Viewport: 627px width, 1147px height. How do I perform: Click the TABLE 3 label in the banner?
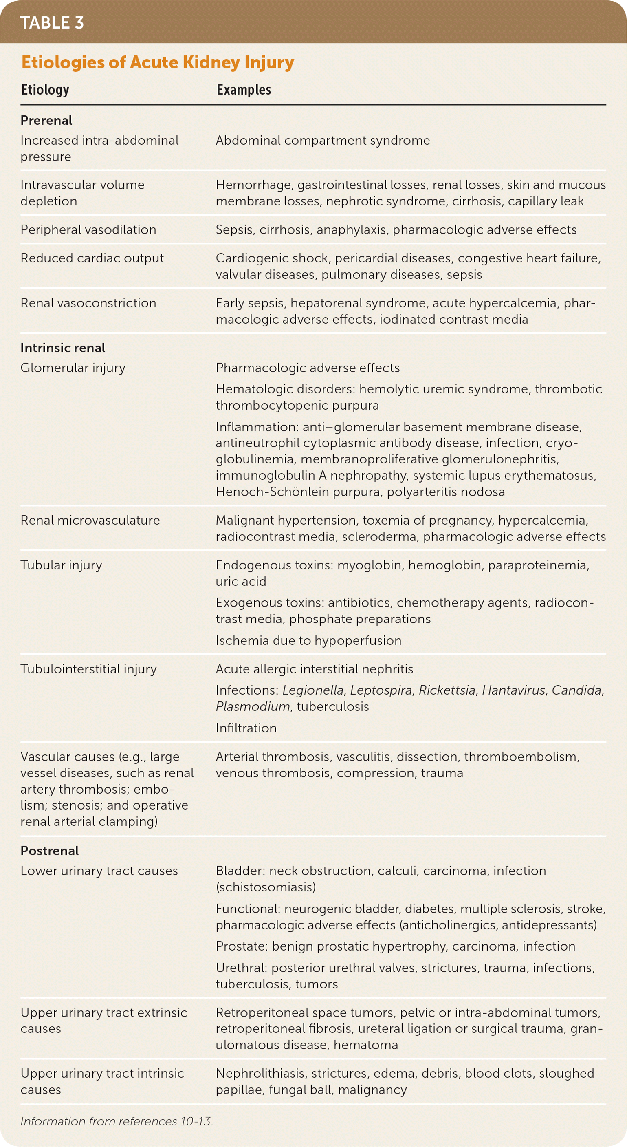tap(52, 23)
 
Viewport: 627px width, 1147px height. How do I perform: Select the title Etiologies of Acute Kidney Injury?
tap(158, 62)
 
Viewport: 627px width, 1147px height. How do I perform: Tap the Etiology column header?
tap(45, 90)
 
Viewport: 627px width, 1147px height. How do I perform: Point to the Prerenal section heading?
tap(46, 120)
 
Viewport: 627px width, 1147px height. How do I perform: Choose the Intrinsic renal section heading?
tap(63, 348)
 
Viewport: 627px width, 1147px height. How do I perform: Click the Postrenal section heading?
tap(49, 850)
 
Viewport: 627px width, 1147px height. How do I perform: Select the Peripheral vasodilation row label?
tap(88, 230)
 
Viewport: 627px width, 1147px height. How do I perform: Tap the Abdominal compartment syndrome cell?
tap(323, 141)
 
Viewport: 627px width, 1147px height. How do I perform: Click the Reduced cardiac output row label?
tap(92, 258)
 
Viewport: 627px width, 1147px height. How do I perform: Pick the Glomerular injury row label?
tap(73, 368)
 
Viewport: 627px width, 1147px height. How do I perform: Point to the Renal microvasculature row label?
tap(90, 520)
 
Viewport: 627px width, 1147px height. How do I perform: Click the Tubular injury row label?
tap(62, 565)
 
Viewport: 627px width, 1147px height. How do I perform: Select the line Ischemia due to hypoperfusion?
tap(308, 640)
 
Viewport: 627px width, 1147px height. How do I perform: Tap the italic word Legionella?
tap(313, 690)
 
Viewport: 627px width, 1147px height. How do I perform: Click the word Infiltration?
tap(246, 728)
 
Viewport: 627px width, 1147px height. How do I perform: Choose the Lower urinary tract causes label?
tap(99, 871)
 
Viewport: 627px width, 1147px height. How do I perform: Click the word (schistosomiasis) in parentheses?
tap(266, 887)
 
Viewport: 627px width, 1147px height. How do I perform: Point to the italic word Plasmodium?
tap(253, 707)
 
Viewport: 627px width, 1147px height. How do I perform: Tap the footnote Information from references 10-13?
tap(117, 1121)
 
